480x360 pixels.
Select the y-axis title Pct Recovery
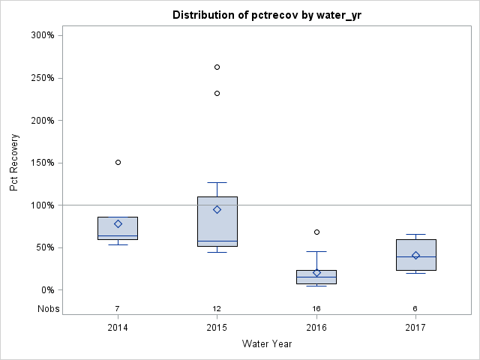pos(15,163)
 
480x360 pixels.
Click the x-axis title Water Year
pos(266,344)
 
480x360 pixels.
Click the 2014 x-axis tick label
pos(118,327)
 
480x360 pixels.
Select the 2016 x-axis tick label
pos(316,327)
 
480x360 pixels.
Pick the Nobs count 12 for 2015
pos(217,308)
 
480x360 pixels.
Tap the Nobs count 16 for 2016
pos(316,308)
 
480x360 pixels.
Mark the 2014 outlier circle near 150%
pos(118,162)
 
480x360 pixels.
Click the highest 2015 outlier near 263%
pos(217,67)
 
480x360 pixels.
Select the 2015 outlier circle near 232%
pos(217,93)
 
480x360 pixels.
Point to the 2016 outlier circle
pos(316,232)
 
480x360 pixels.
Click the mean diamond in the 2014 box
pos(118,223)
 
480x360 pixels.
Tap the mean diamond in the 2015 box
pos(217,209)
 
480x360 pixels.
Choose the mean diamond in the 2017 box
pos(415,255)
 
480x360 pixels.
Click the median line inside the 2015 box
pos(217,241)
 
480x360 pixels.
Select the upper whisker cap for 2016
pos(316,251)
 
